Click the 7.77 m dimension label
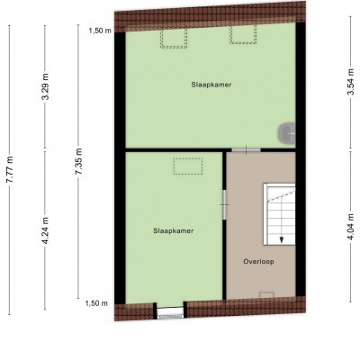10,169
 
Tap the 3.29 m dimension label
45,86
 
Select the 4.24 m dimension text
45,230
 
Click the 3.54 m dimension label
351,82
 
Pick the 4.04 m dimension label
351,227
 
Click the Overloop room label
258,262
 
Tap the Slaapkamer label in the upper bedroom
211,85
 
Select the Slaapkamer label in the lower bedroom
173,231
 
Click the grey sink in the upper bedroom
287,133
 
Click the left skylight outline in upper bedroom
174,39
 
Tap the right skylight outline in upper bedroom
243,34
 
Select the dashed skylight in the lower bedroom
188,166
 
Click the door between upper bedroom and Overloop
246,149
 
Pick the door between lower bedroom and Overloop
224,205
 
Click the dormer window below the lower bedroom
170,312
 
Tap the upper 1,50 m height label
100,31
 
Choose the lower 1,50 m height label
96,303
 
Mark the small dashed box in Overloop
266,294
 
